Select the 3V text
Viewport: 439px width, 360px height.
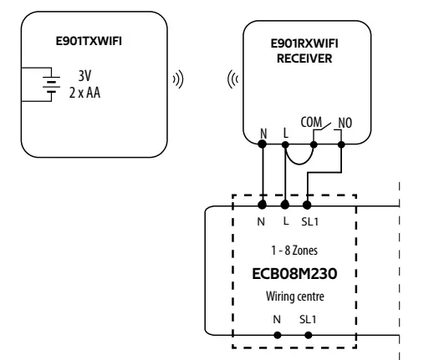(84, 76)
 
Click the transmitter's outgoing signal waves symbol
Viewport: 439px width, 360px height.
(177, 80)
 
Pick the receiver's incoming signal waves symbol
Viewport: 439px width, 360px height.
(232, 80)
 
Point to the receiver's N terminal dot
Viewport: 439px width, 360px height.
(263, 145)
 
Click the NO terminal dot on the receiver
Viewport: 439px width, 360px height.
(343, 145)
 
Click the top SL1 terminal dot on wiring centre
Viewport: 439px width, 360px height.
(307, 204)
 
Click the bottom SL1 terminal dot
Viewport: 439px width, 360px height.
(309, 334)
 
